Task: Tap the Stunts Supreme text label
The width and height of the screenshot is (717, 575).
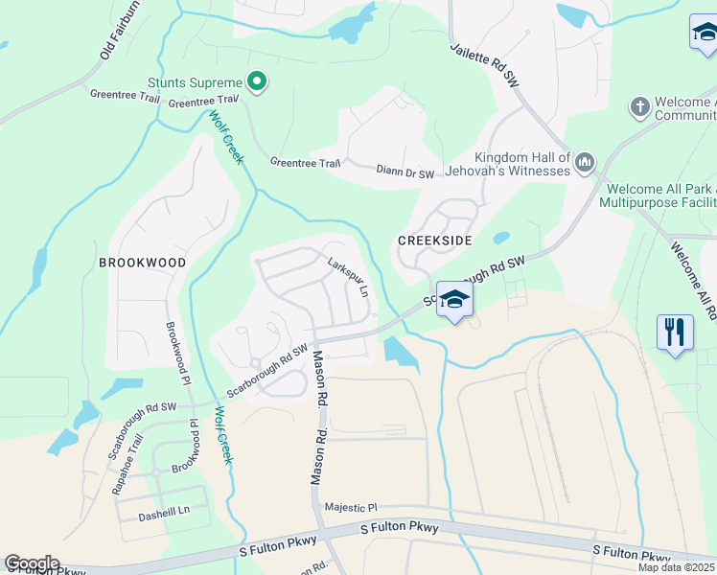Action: [x=196, y=83]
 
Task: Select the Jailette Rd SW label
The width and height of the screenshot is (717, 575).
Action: [x=484, y=65]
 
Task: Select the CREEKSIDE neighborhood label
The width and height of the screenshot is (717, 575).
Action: [x=435, y=241]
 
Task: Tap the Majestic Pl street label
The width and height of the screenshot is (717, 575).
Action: [x=352, y=507]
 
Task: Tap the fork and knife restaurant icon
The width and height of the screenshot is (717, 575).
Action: [x=676, y=333]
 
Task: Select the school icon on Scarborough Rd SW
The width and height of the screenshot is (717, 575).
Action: [x=455, y=299]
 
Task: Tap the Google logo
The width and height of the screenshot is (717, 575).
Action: [x=32, y=563]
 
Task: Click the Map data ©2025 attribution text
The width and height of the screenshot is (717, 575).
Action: [x=676, y=566]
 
